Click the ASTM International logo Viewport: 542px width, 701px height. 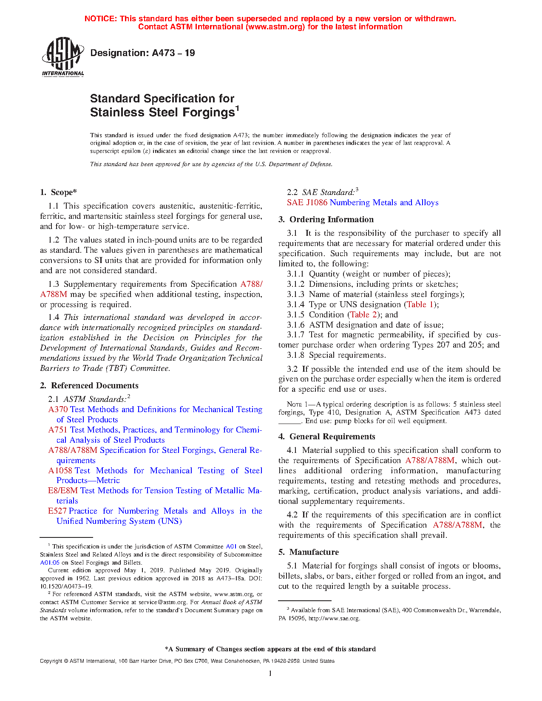62,57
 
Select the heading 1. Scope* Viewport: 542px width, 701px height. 58,192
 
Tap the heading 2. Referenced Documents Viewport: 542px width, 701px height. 89,385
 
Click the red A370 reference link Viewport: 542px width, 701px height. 58,409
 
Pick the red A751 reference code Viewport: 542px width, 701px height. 58,430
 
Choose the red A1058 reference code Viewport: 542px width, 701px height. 61,470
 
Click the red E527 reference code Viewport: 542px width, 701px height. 57,511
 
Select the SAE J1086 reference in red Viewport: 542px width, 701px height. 307,203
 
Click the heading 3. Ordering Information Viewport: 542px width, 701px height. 326,220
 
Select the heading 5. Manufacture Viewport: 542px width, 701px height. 309,552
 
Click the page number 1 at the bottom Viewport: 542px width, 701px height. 270,673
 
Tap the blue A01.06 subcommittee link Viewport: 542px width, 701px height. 50,562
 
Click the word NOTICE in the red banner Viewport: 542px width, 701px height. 100,19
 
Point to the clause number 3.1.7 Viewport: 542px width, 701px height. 295,335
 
